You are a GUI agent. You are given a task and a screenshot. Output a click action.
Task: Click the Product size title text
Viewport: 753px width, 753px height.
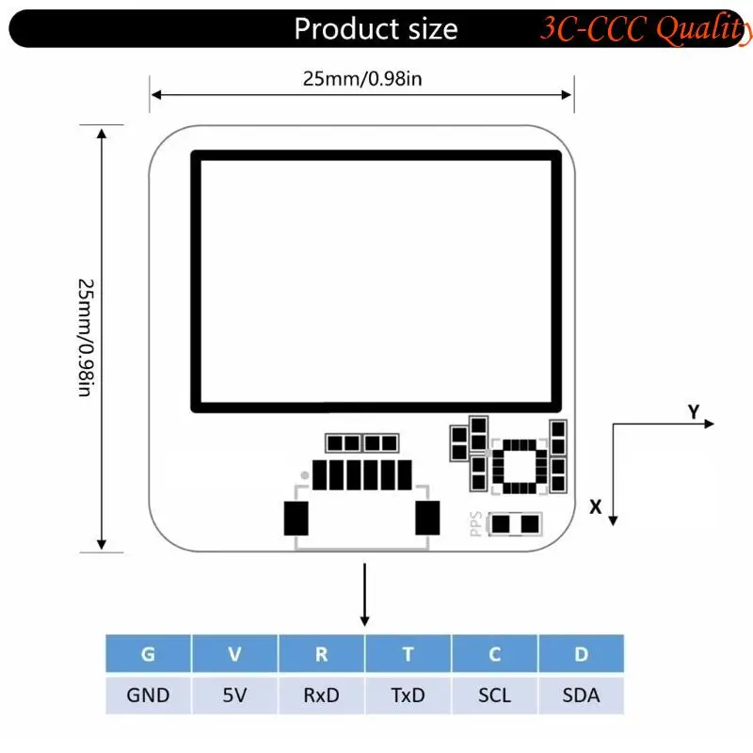(376, 29)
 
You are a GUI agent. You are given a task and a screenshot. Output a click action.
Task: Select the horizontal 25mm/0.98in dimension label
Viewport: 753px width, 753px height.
(362, 79)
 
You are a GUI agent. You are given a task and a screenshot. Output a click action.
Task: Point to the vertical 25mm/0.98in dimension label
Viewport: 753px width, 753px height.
(85, 336)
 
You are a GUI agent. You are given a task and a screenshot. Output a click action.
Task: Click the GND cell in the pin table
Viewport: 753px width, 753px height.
(148, 696)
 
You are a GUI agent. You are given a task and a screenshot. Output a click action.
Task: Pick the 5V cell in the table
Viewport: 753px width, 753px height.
(234, 696)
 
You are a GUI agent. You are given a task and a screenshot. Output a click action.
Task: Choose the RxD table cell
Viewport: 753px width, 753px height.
(321, 696)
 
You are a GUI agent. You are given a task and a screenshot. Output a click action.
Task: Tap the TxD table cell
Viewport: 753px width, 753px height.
(408, 696)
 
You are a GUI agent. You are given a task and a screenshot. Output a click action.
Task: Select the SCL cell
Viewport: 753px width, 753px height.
(494, 696)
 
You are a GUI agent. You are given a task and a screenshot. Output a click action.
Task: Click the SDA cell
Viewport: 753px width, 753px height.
(581, 696)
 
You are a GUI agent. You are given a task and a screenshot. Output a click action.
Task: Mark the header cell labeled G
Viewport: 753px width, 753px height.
(148, 654)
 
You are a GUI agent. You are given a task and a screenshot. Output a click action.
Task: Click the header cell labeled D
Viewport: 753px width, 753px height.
(581, 654)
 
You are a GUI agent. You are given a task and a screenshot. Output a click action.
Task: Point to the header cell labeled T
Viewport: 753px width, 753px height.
(408, 654)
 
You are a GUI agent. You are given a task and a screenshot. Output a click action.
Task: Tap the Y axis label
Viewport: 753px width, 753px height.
(694, 411)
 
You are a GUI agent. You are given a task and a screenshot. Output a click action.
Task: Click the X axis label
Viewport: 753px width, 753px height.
(595, 506)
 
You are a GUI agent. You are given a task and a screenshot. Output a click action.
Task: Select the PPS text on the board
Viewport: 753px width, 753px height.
(476, 523)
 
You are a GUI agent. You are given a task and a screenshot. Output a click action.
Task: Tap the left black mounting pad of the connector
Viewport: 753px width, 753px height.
(296, 518)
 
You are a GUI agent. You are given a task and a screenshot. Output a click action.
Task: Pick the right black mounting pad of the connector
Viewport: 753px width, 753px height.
(427, 518)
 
